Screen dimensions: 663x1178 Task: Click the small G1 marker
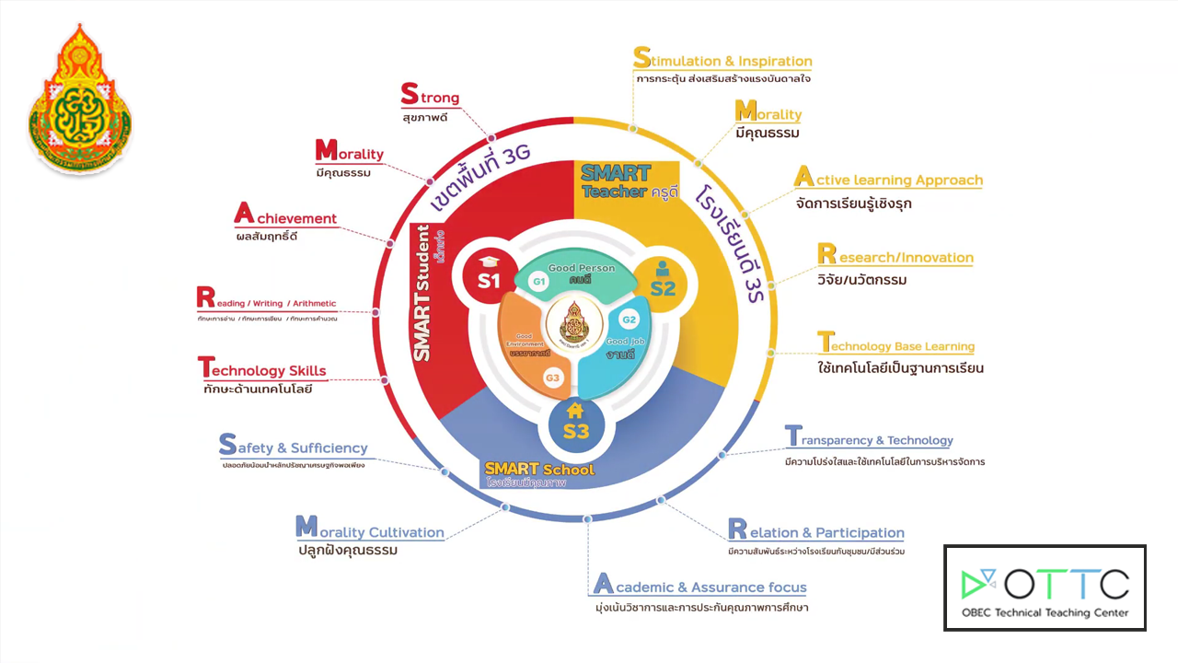[539, 281]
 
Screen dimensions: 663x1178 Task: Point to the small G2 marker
[629, 320]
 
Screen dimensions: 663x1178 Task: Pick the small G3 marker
[552, 378]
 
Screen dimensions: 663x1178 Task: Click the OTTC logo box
[1045, 587]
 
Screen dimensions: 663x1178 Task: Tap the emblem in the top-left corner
[80, 99]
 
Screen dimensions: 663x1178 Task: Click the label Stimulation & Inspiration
[723, 60]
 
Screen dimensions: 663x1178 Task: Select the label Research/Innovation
[895, 256]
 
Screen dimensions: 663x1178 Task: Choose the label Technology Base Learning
[896, 345]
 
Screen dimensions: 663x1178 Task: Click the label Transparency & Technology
[869, 439]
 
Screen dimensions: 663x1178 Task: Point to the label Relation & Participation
[816, 531]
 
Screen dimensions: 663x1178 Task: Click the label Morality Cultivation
[370, 530]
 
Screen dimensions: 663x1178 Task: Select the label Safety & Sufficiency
[294, 447]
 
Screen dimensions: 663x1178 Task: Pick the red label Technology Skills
[262, 369]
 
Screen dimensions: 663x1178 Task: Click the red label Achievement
[286, 217]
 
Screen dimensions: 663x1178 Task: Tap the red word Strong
[430, 96]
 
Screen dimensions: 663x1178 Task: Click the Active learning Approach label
[888, 179]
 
